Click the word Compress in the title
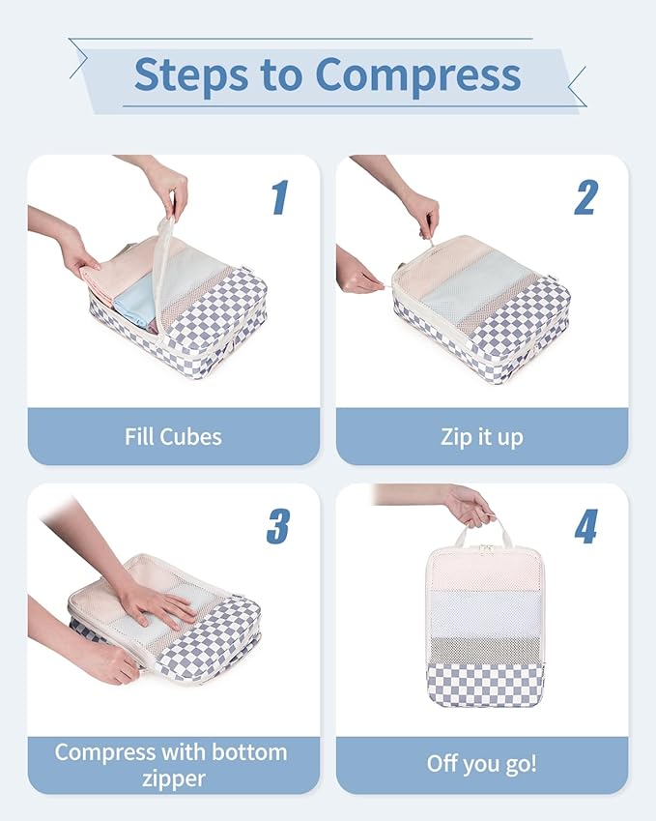pos(419,74)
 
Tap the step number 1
pos(279,197)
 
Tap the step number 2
pos(586,197)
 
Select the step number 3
pos(278,526)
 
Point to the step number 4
pos(586,526)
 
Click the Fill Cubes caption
pos(173,436)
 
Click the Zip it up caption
pos(481,436)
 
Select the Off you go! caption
pos(481,763)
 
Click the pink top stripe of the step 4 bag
pos(484,571)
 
